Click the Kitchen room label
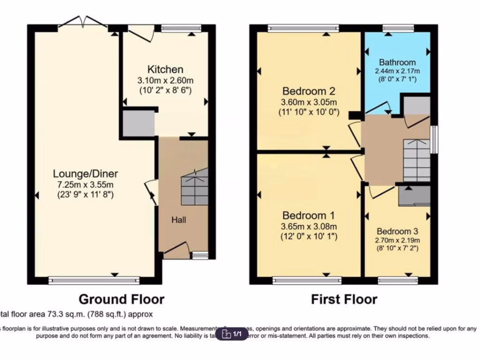pos(165,69)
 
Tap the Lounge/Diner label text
pos(85,174)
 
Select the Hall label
pos(179,219)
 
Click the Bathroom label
pos(397,62)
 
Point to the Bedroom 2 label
pos(309,91)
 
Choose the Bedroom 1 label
pos(309,216)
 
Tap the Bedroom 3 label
pos(397,231)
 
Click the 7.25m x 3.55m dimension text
pos(85,184)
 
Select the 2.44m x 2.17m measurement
pos(397,71)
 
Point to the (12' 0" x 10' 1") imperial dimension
pos(309,236)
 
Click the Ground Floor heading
pos(121,299)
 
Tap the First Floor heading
pos(344,299)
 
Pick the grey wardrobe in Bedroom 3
pos(414,196)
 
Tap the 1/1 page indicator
pos(233,334)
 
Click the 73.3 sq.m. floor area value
pos(60,314)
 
